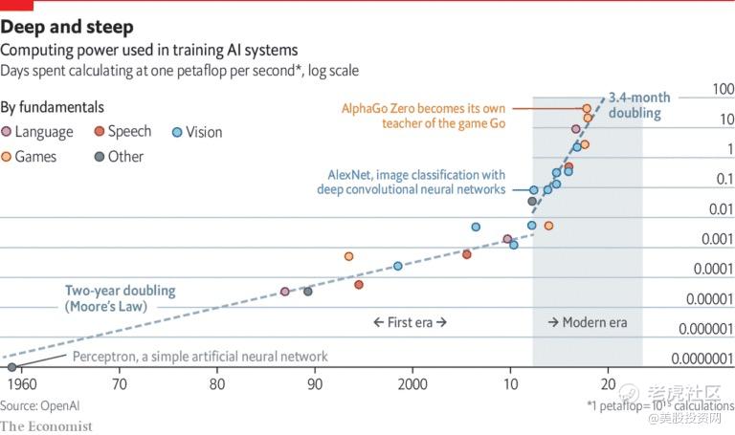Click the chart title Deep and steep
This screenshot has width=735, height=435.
(x=67, y=27)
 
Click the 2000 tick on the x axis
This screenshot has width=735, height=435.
(x=412, y=384)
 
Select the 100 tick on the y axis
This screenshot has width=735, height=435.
(x=723, y=90)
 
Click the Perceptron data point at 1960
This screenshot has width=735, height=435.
(x=11, y=367)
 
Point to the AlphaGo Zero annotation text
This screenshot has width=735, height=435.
(x=423, y=116)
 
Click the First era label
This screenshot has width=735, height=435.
(x=410, y=322)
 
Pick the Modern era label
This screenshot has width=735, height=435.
(x=588, y=322)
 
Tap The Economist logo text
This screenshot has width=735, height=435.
(x=47, y=425)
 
